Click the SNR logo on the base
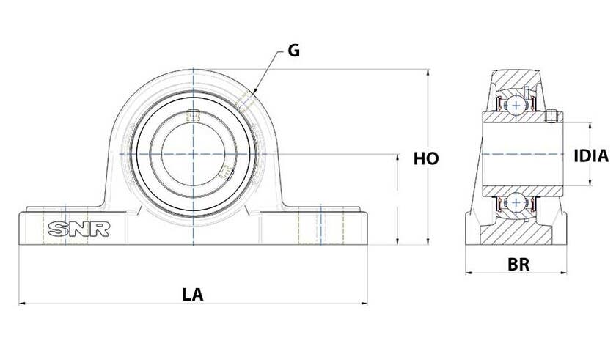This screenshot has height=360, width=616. [79, 229]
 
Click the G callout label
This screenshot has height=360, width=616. [294, 51]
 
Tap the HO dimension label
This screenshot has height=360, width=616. [426, 158]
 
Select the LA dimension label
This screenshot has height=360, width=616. [193, 295]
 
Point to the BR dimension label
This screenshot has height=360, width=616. [518, 265]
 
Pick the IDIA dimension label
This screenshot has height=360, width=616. [591, 156]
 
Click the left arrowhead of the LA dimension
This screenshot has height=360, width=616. [22, 303]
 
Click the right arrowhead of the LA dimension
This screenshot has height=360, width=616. [364, 303]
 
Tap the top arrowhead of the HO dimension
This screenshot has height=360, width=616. [428, 73]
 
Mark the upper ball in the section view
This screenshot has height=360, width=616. [516, 105]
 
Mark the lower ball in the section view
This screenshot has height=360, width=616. [516, 202]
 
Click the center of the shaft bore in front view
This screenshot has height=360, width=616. [193, 153]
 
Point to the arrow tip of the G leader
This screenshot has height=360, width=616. [254, 93]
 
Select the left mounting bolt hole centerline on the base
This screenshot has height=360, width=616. [65, 224]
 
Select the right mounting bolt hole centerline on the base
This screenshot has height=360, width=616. [321, 224]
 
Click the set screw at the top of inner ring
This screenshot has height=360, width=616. [193, 115]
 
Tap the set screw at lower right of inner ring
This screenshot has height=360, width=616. [227, 173]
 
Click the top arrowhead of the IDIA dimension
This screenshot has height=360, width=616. [590, 125]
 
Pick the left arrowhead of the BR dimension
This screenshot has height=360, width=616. [469, 273]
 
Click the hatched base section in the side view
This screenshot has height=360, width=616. [516, 232]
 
